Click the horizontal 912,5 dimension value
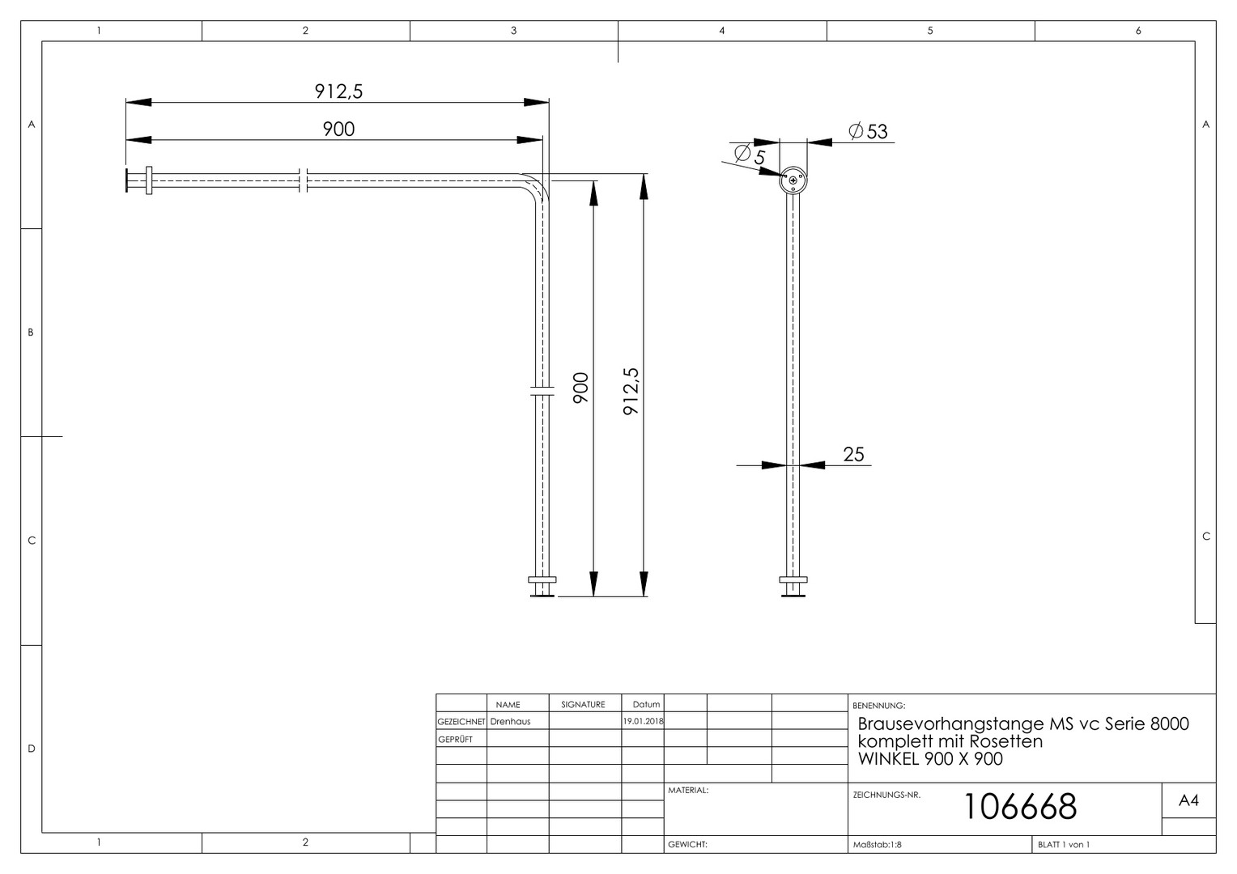[338, 91]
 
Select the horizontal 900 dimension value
[338, 129]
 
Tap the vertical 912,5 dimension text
[631, 392]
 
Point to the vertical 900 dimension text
[580, 388]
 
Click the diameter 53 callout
[868, 131]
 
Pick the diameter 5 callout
[750, 155]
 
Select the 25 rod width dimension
[853, 454]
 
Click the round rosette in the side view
[793, 180]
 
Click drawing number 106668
[1020, 806]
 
